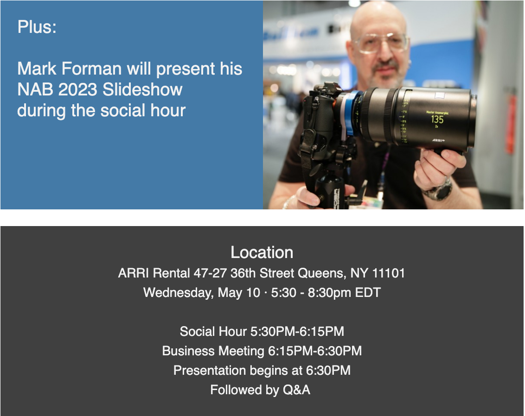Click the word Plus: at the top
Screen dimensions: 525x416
click(x=37, y=27)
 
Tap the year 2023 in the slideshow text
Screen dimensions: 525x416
click(x=77, y=89)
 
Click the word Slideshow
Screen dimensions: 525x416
click(x=142, y=89)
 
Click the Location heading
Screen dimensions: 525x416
click(x=262, y=252)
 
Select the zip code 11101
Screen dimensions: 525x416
click(x=388, y=273)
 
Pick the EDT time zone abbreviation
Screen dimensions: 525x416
click(x=368, y=293)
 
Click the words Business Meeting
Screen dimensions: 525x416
click(x=213, y=351)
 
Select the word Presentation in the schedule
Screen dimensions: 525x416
click(x=210, y=371)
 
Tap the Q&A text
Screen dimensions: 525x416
click(x=296, y=390)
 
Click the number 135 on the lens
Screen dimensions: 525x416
click(x=437, y=120)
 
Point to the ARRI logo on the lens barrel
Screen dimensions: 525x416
click(x=438, y=140)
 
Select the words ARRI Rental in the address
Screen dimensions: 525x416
click(x=154, y=273)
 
